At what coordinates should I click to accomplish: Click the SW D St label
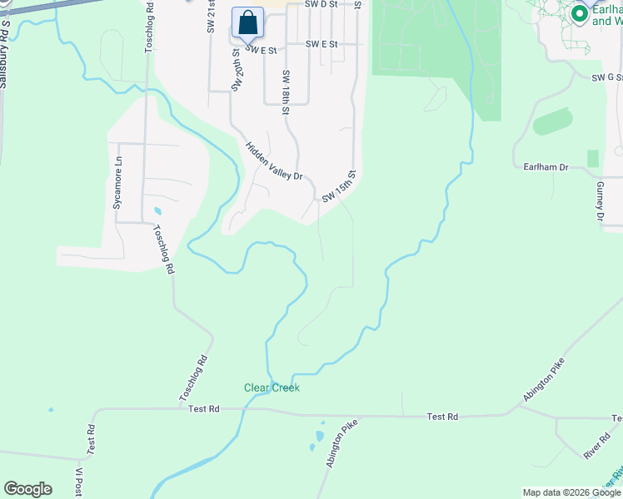pyautogui.click(x=321, y=4)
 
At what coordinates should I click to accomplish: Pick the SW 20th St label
pyautogui.click(x=236, y=69)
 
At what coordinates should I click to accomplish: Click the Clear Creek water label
pyautogui.click(x=272, y=388)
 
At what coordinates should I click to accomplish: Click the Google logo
pyautogui.click(x=27, y=489)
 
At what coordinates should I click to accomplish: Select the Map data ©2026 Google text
pyautogui.click(x=571, y=492)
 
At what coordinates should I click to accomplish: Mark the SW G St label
pyautogui.click(x=607, y=77)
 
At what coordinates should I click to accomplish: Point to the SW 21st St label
pyautogui.click(x=211, y=17)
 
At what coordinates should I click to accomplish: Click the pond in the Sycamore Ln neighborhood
pyautogui.click(x=157, y=210)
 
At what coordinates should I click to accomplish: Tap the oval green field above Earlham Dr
pyautogui.click(x=553, y=121)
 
